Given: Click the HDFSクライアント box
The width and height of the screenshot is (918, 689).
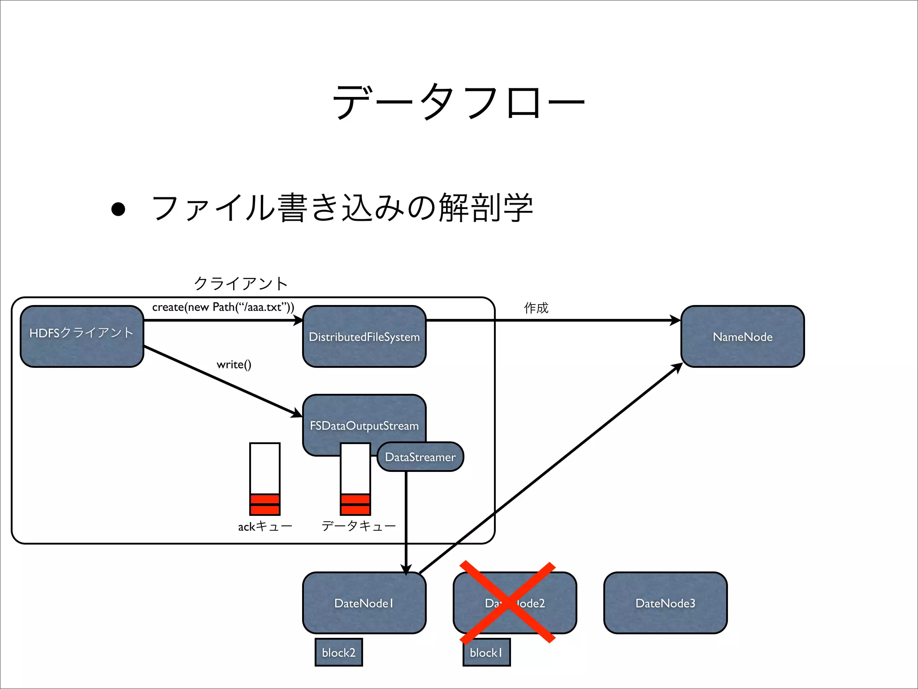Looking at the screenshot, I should (82, 336).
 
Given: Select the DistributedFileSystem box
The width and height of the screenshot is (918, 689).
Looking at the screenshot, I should (364, 336).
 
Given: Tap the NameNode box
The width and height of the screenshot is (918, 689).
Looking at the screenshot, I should (742, 336).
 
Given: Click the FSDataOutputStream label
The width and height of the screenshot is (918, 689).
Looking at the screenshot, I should (364, 425).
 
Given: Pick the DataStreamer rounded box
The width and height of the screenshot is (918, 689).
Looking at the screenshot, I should (420, 457).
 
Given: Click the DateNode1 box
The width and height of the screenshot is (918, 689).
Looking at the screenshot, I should (364, 603).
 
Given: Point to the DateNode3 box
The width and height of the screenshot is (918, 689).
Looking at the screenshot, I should (665, 603).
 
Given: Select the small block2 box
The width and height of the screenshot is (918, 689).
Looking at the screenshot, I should (338, 652).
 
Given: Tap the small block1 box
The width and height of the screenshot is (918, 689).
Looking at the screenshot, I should (486, 652).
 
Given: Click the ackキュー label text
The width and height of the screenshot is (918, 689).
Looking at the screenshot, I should (265, 526).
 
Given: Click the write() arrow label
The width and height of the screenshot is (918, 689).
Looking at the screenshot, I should (234, 364).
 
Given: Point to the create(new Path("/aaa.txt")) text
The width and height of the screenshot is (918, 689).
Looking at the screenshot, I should (223, 307).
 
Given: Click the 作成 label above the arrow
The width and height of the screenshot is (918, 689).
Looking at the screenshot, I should (536, 308).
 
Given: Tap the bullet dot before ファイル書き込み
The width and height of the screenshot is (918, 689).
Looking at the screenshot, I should (118, 209).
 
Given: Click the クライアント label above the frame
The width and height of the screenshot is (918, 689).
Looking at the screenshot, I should (241, 283).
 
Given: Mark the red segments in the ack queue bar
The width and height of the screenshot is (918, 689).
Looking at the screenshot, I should (265, 504).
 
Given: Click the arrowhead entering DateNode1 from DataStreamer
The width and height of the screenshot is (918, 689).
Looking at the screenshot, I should (406, 569).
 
